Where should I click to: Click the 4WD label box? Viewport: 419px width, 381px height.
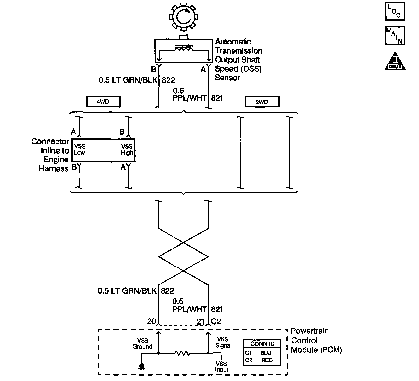point(103,102)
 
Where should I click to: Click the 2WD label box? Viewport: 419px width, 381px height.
point(262,102)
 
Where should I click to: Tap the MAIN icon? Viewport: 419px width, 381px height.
point(394,36)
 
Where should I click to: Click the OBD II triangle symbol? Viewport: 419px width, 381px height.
point(395,61)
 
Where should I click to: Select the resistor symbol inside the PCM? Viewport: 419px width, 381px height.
point(183,354)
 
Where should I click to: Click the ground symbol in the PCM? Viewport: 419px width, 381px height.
point(142,366)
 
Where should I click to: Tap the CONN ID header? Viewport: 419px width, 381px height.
point(262,344)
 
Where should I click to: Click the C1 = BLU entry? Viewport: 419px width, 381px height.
point(258,353)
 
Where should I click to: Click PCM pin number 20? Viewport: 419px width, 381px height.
point(151,321)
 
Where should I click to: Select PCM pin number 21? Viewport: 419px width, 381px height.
point(201,321)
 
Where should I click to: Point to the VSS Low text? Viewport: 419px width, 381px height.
point(80,149)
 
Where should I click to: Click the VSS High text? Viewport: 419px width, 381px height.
point(127,149)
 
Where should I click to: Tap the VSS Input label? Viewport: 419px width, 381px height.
point(222,366)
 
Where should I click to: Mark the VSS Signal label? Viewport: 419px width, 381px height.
point(223,342)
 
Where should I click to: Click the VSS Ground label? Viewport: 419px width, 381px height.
point(142,343)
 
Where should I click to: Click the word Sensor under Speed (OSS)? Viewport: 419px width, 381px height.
point(227,78)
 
